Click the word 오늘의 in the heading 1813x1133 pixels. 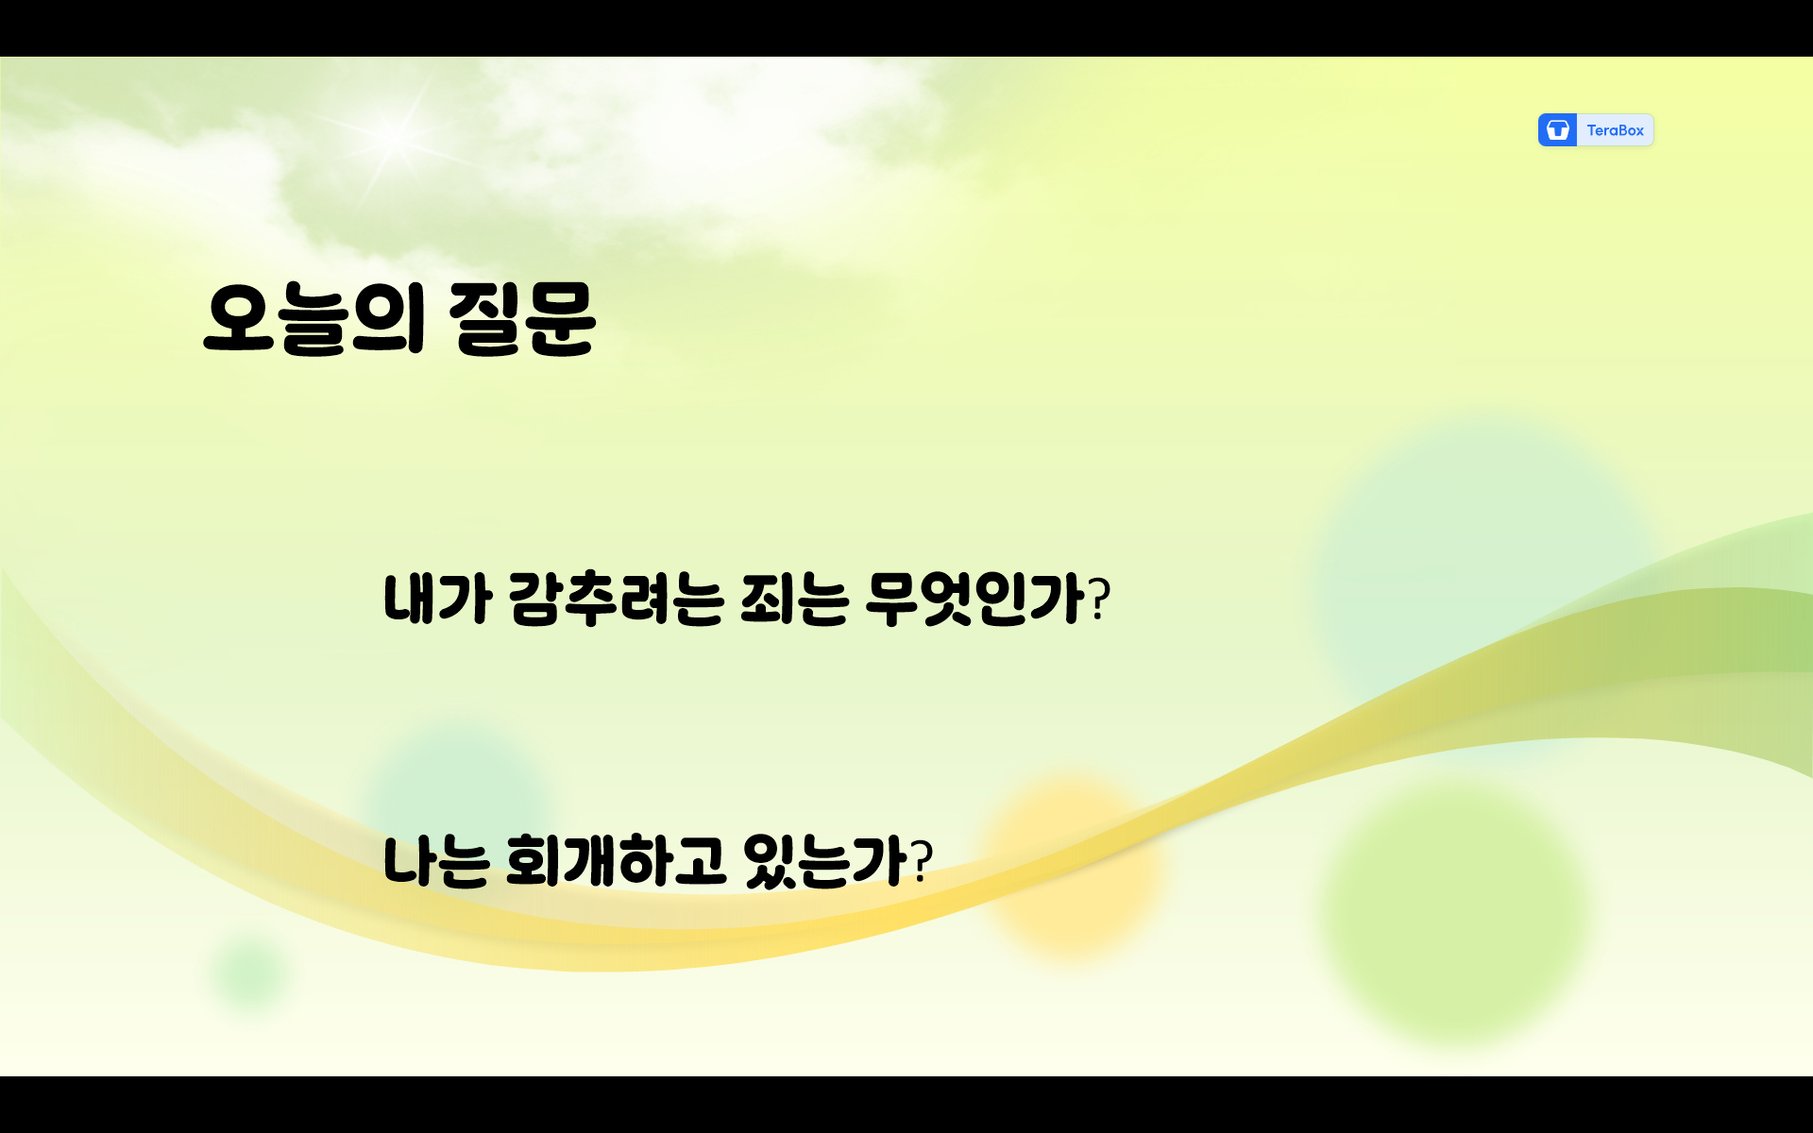(313, 318)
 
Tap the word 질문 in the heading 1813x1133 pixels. (522, 318)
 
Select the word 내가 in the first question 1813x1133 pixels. (437, 599)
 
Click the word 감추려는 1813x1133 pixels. (616, 599)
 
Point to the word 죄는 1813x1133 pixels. (794, 599)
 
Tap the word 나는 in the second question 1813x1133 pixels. (435, 861)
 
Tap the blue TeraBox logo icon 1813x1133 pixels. (1557, 130)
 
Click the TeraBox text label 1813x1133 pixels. (1615, 130)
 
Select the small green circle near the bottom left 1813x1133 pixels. (249, 972)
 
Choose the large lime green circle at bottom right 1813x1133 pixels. (1454, 911)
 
